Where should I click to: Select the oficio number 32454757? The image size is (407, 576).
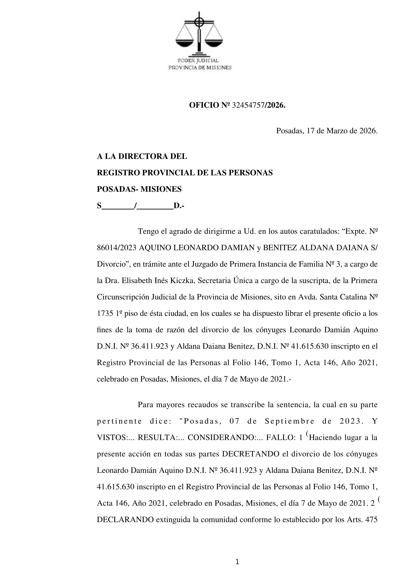point(248,105)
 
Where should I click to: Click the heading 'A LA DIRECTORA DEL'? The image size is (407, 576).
point(142,156)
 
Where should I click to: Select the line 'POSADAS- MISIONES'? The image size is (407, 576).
point(139,189)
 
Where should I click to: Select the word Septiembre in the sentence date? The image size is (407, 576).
point(290,421)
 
